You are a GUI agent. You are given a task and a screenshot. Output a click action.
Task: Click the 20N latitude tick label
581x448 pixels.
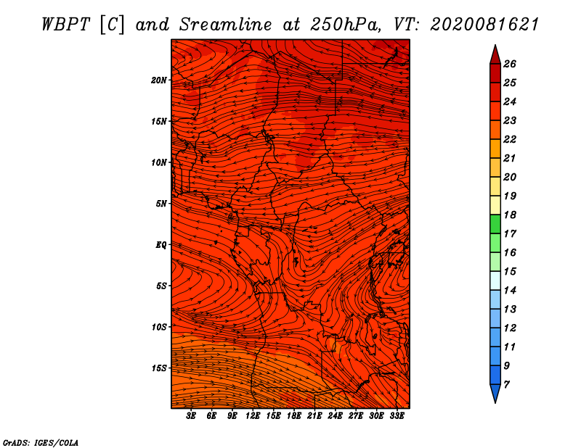coord(159,80)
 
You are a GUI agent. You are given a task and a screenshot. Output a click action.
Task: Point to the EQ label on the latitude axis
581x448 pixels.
coord(161,245)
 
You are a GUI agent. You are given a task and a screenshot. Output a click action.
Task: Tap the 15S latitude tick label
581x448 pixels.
coord(159,368)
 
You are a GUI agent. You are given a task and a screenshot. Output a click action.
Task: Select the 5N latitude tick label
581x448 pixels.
coord(161,204)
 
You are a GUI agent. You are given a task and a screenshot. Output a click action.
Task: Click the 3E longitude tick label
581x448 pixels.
coord(191,416)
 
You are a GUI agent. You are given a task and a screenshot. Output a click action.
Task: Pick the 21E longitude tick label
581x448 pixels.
coord(314,416)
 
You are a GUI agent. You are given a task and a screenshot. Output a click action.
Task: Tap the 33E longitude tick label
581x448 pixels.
coord(397,416)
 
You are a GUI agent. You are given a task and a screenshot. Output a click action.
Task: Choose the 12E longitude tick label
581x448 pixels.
coord(252,416)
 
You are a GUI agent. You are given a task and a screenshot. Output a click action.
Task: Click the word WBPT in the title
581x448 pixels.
coord(65,25)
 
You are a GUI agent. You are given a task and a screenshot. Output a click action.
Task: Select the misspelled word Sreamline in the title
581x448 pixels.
coord(226,25)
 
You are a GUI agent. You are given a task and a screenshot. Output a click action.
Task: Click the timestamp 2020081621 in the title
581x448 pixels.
coord(484,25)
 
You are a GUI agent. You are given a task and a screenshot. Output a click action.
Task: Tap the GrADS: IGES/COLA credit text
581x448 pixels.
coord(41,442)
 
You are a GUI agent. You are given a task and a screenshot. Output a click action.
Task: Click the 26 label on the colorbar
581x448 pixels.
coord(510,64)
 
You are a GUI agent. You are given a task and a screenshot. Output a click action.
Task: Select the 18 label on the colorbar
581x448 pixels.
coord(510,215)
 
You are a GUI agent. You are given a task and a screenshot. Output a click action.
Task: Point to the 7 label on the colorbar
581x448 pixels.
coord(506,385)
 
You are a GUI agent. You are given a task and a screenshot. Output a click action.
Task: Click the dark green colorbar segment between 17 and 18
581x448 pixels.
coord(495,224)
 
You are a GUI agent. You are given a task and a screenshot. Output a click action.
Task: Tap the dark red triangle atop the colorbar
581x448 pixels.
coord(495,55)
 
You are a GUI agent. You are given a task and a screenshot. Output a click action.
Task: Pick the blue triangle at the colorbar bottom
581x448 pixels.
coord(495,394)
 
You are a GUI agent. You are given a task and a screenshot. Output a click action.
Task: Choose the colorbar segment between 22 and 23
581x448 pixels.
coord(495,130)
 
